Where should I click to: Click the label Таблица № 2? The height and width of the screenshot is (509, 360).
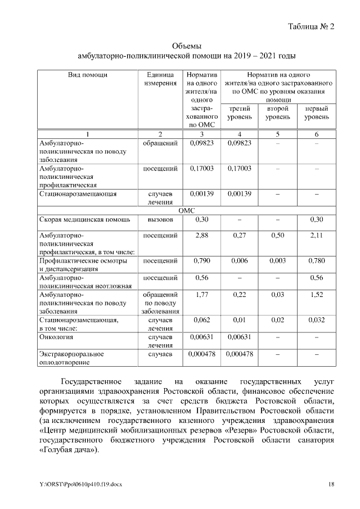pos(311,26)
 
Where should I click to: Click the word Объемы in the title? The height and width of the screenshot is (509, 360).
pos(186,46)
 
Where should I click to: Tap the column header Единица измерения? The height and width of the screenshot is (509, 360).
pos(160,79)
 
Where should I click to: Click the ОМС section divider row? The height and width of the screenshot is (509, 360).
pos(186,210)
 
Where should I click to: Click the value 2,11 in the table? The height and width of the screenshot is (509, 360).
pos(317,235)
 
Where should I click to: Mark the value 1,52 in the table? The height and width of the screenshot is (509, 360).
pos(317,294)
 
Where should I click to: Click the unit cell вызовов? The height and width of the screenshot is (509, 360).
pos(160,219)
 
